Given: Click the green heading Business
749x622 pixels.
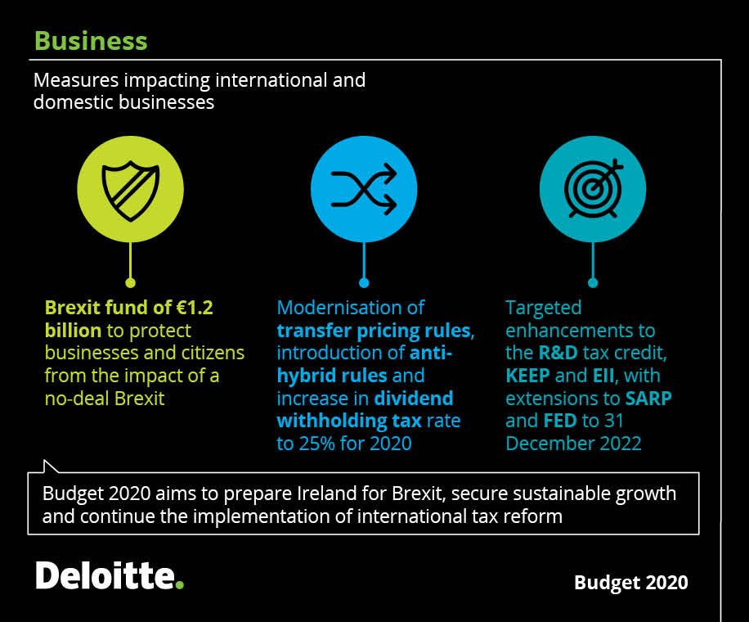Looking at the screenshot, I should [91, 41].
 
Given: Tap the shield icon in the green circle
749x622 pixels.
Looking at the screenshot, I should [130, 189].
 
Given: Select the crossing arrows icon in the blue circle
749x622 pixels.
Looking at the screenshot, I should [364, 189].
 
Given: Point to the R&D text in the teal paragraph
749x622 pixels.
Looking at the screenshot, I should [562, 354].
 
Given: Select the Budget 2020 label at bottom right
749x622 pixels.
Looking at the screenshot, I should [630, 583].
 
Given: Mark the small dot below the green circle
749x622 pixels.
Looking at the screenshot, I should [130, 283].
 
